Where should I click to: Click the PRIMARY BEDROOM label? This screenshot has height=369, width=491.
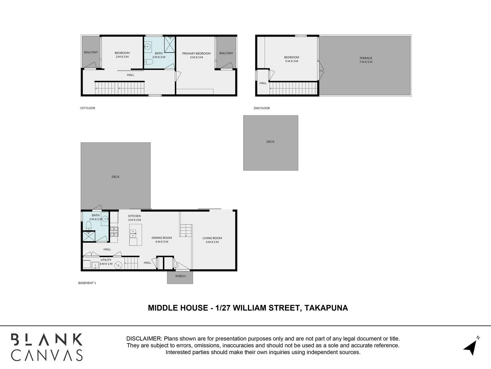click(196, 54)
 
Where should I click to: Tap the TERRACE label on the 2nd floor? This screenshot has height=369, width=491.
click(366, 58)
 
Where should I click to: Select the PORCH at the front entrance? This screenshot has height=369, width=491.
click(180, 276)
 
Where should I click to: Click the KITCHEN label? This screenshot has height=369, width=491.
click(134, 216)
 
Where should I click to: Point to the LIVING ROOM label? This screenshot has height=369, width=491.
click(212, 238)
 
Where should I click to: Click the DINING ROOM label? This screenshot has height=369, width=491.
click(162, 238)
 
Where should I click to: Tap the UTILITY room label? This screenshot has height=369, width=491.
click(106, 260)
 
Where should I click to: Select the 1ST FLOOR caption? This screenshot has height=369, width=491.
click(87, 108)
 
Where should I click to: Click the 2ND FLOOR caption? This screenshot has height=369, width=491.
click(261, 108)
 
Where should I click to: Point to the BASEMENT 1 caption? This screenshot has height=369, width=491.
click(87, 283)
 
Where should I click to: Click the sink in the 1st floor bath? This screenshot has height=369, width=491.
click(148, 47)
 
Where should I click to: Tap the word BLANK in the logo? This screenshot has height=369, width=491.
click(47, 340)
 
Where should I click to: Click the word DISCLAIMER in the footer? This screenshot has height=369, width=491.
click(144, 339)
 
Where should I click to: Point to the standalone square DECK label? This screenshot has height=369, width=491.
click(270, 142)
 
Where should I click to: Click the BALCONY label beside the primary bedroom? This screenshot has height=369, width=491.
click(226, 53)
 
